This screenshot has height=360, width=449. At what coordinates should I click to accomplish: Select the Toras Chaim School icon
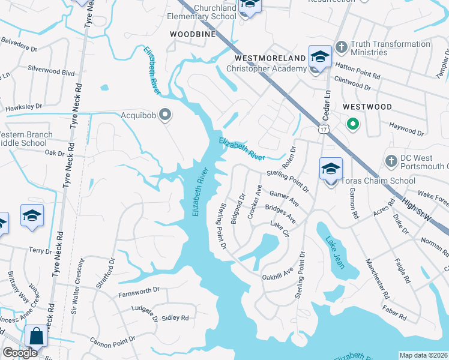coord(330,170)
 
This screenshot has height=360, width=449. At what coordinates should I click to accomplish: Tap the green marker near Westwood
coord(353,125)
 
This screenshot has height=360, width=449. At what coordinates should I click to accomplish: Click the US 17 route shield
coord(324,129)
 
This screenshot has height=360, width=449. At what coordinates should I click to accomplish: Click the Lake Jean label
coord(334,252)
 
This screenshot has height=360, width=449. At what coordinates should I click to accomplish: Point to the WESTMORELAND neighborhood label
coord(270,58)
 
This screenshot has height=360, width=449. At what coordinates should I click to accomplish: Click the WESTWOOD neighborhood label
coord(367,107)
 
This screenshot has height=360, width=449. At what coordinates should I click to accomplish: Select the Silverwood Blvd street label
coord(51,71)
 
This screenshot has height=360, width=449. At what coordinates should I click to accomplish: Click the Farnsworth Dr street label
coord(139,290)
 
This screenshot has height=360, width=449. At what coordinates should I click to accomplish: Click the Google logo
coord(20,353)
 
